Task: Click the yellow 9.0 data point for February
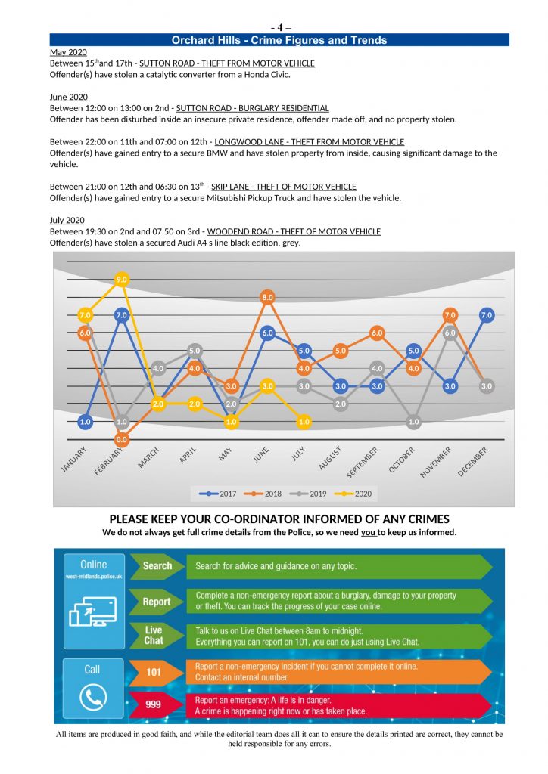pos(121,280)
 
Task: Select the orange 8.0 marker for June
pos(267,298)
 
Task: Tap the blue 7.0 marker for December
pos(487,315)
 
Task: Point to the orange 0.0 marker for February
pos(121,438)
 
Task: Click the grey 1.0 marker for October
pos(413,422)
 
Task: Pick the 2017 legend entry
pos(218,494)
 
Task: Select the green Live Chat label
pos(154,635)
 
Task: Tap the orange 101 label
pos(154,672)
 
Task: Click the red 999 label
pos(154,705)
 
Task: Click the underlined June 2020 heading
pos(69,97)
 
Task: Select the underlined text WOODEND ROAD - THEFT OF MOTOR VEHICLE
pos(294,231)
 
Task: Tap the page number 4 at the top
pos(279,28)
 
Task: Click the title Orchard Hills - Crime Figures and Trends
pos(279,40)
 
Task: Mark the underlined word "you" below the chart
pos(368,532)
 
